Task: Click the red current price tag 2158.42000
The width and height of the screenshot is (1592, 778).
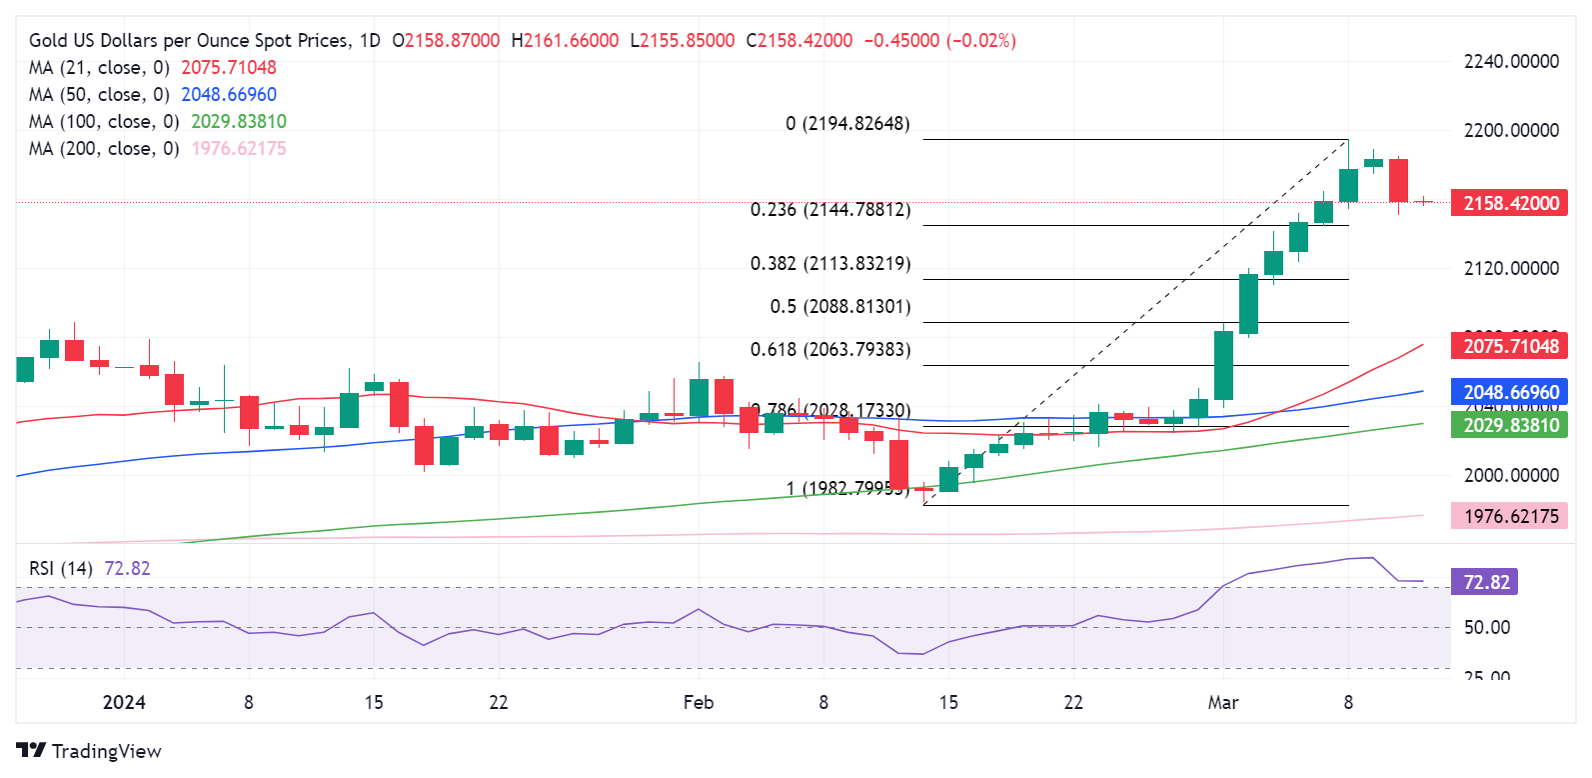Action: (x=1510, y=203)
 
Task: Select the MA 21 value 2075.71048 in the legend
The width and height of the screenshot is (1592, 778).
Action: (x=228, y=68)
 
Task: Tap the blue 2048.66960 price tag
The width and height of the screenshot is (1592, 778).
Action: (x=1510, y=392)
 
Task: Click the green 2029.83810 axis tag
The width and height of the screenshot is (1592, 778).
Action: (x=1510, y=425)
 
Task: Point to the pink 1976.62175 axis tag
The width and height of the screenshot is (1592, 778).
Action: (x=1510, y=516)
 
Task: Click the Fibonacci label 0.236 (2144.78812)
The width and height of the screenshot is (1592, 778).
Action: (x=830, y=210)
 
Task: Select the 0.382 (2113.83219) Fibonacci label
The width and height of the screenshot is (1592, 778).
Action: (x=830, y=264)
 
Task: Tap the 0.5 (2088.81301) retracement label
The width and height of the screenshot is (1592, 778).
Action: (x=839, y=307)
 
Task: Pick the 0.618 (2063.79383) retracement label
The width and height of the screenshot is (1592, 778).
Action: (x=830, y=350)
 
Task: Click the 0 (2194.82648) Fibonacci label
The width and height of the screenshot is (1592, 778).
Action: (x=847, y=124)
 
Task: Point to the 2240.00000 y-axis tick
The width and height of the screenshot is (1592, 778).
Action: (x=1510, y=62)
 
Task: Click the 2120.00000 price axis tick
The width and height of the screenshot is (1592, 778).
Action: (x=1510, y=268)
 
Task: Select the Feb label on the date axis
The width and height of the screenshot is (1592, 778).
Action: (x=699, y=702)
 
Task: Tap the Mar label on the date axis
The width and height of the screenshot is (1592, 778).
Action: (x=1222, y=702)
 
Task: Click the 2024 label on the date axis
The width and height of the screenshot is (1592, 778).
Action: (x=124, y=702)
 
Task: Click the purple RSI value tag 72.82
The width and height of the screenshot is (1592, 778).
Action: (x=1485, y=582)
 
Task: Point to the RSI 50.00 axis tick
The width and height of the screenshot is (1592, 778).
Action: (x=1486, y=627)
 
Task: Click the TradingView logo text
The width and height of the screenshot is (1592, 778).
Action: (x=106, y=751)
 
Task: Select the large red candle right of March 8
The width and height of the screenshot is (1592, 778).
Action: (x=1398, y=180)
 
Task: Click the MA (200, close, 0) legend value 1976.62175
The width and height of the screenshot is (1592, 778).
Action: (x=238, y=149)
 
